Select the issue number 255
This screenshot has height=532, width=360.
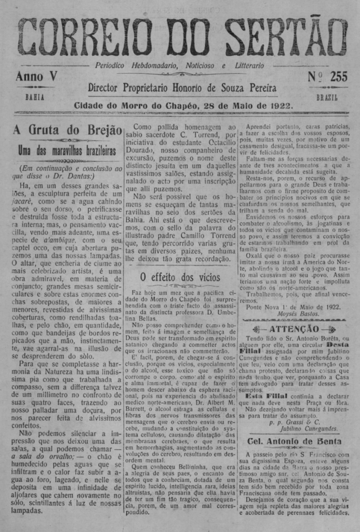click(338, 77)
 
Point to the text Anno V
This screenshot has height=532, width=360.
click(36, 76)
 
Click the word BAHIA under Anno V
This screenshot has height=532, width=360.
click(35, 97)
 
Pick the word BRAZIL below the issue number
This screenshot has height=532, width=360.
click(327, 97)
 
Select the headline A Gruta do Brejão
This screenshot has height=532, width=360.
click(67, 130)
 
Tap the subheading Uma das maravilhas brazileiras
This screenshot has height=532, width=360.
click(67, 151)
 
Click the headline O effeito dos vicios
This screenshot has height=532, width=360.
click(180, 277)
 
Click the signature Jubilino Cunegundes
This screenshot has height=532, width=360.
click(310, 429)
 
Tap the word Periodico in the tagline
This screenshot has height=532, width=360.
click(111, 66)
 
